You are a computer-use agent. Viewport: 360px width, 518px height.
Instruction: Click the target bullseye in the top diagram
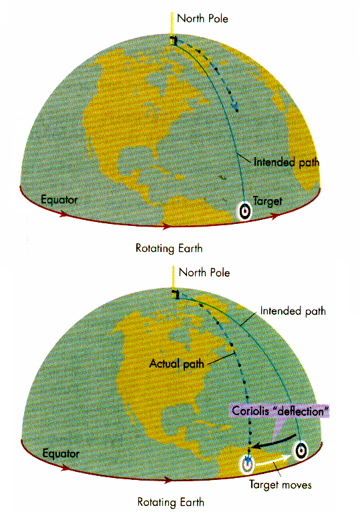[x=244, y=211]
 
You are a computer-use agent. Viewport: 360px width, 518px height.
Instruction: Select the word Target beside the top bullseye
[x=268, y=201]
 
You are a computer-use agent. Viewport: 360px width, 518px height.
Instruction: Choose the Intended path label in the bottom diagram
[x=293, y=311]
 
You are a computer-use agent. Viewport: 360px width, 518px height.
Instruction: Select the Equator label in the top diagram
[x=59, y=199]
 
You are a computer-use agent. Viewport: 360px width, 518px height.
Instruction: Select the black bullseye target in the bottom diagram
[x=301, y=449]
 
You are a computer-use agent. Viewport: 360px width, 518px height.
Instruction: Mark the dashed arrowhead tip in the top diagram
[x=236, y=110]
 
